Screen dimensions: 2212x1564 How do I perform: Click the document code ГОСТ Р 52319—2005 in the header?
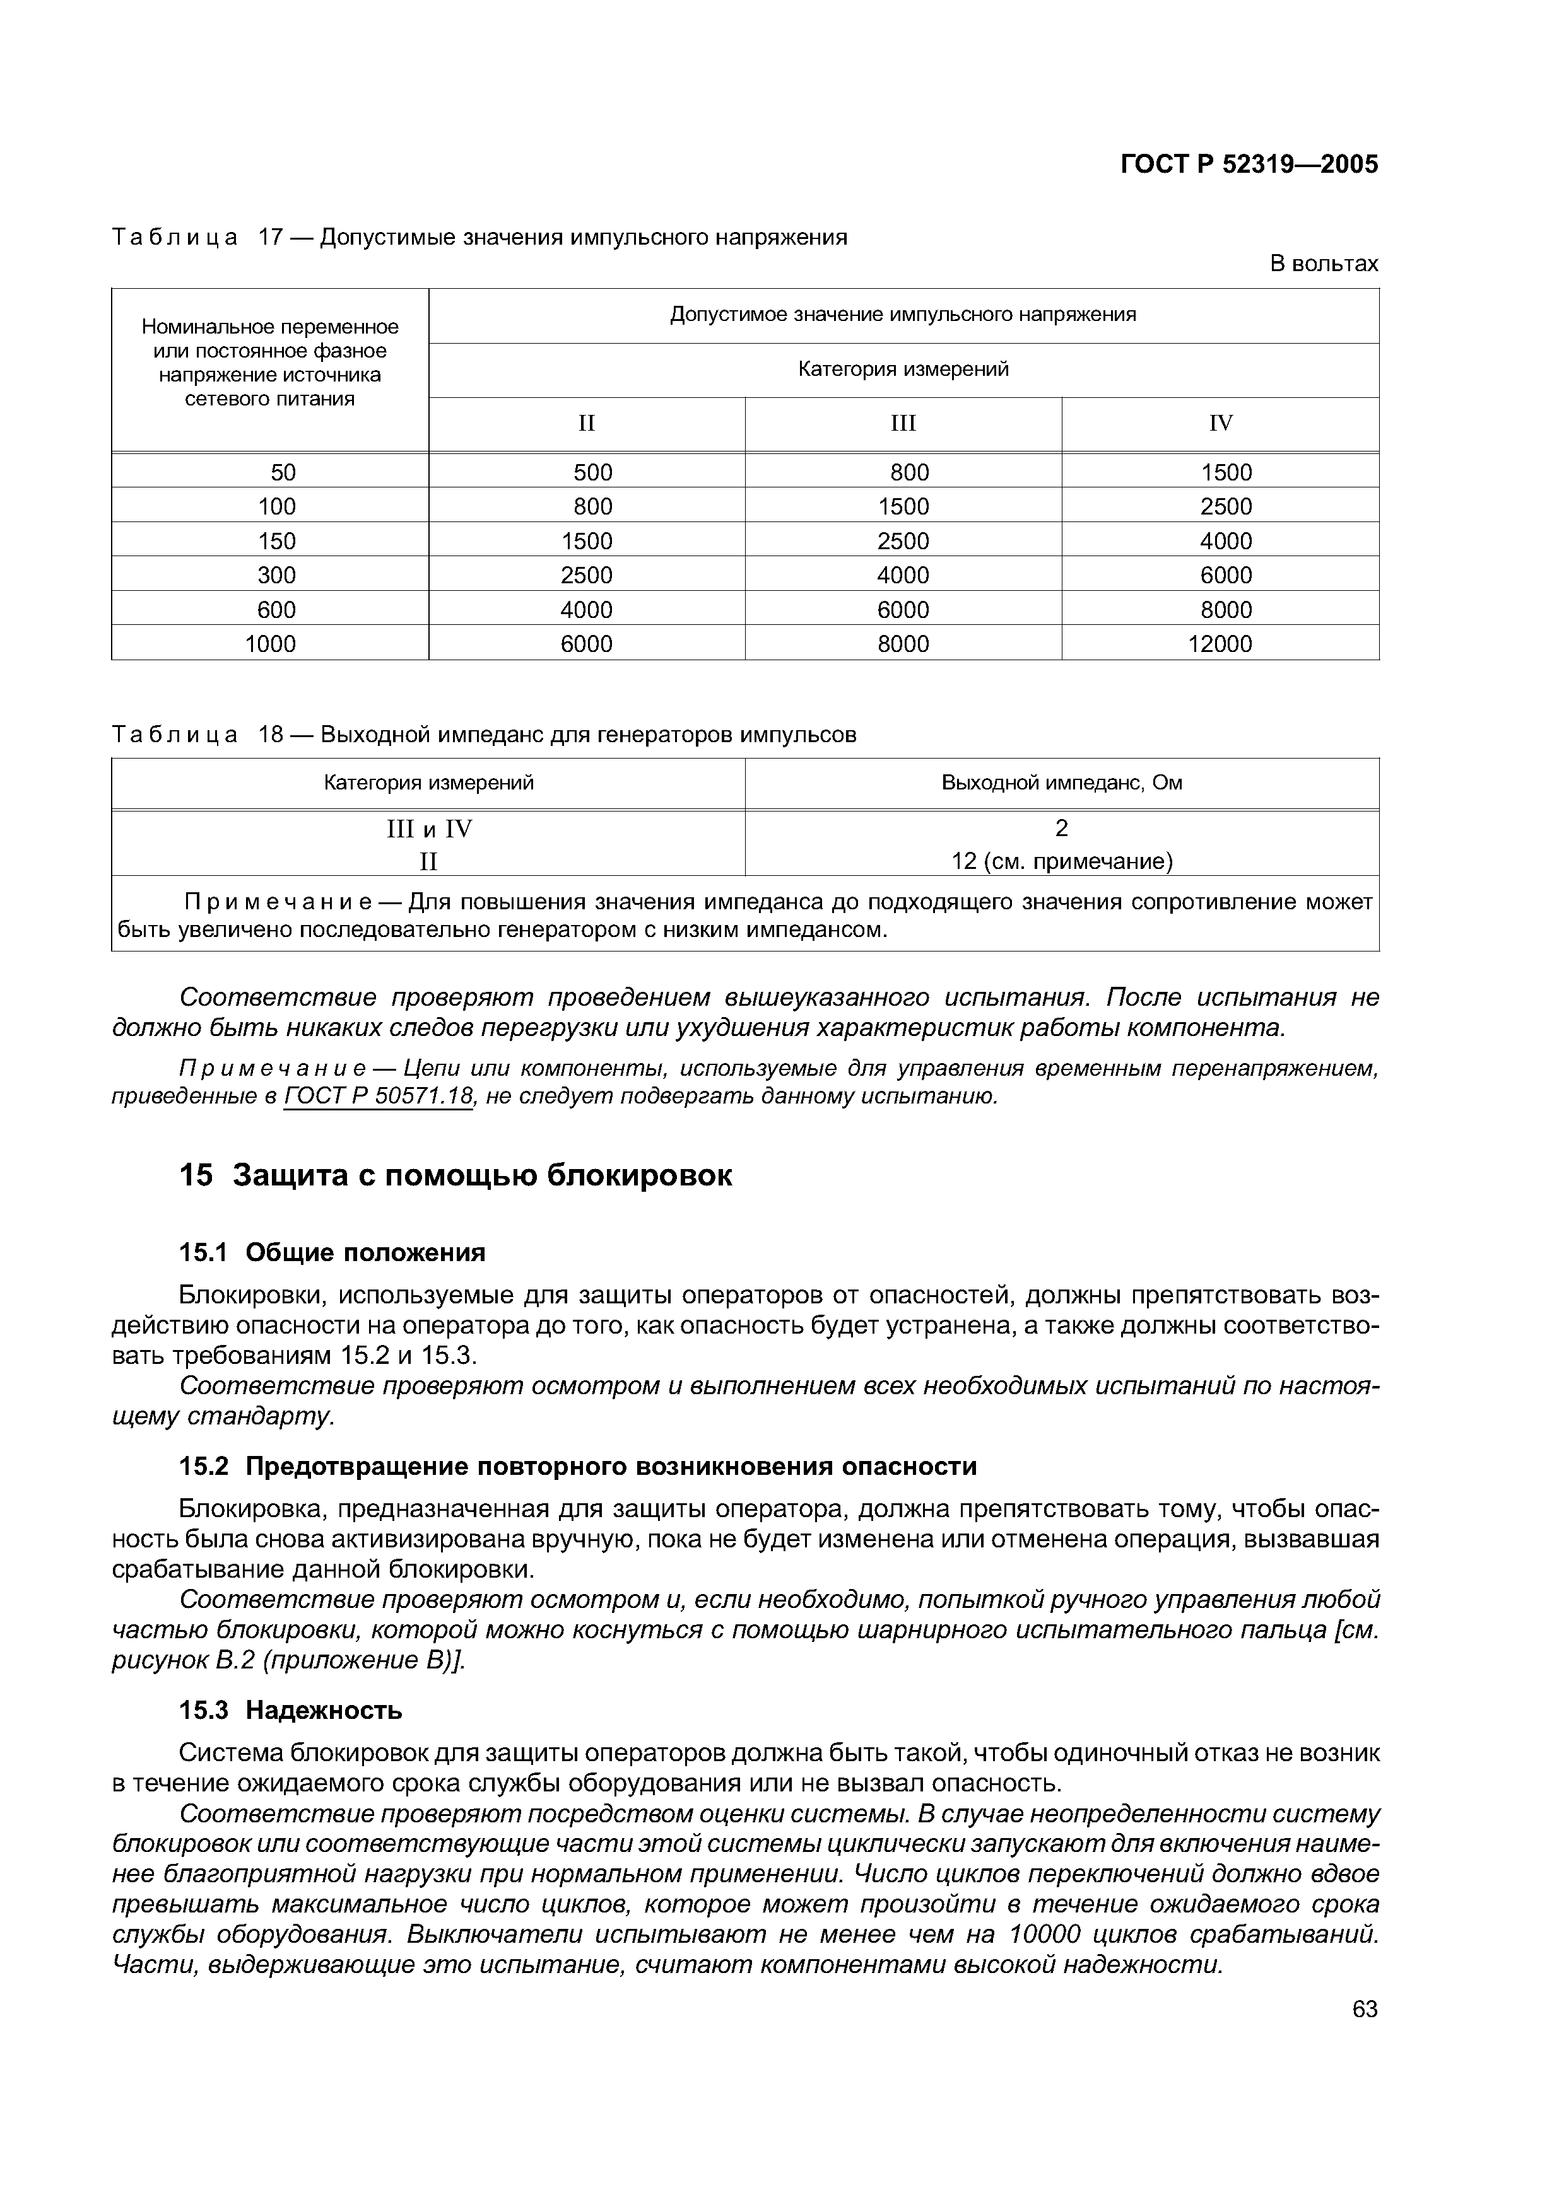(1249, 165)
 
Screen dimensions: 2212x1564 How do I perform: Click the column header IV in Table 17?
(1220, 423)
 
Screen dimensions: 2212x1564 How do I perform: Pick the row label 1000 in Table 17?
(270, 644)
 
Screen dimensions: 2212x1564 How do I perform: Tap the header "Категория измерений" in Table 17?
(903, 369)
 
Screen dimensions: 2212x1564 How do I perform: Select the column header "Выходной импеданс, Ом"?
(1061, 783)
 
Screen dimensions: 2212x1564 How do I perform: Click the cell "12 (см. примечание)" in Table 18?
(1061, 860)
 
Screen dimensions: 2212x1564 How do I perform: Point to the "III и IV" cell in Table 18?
(429, 829)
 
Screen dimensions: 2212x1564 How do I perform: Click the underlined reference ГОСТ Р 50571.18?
(379, 1097)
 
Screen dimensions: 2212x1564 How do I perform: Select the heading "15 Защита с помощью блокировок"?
(456, 1175)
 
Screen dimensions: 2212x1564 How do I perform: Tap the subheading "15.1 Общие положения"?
(332, 1252)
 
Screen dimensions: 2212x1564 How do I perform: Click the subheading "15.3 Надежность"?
(291, 1710)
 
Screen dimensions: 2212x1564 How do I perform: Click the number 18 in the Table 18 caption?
(271, 735)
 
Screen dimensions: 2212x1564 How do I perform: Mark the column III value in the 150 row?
(903, 540)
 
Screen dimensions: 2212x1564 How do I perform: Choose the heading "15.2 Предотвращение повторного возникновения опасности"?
(578, 1466)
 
